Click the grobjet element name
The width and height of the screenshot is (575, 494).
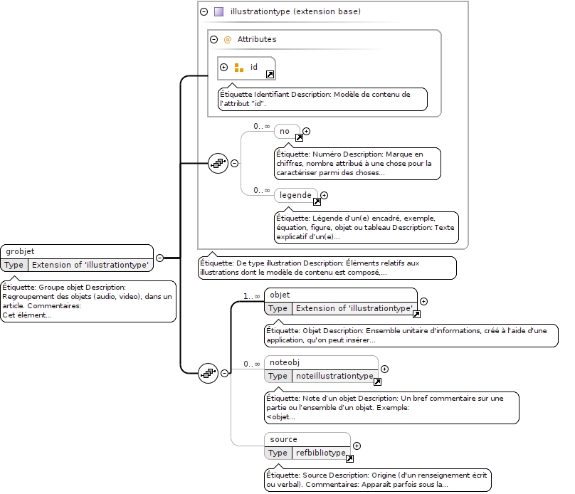coord(20,251)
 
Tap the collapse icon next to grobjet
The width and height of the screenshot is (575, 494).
coord(159,258)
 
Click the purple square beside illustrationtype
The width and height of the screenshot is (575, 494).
coord(218,11)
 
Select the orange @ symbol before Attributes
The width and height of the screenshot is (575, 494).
coord(227,39)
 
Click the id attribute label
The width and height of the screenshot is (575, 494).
coord(254,67)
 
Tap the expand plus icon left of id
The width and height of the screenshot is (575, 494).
coord(223,67)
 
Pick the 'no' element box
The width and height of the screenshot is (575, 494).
coord(287,131)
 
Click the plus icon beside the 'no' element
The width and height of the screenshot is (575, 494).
coord(306,131)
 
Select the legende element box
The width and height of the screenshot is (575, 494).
coord(296,195)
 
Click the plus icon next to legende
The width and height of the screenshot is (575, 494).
coord(325,196)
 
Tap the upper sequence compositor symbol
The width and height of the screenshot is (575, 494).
coord(218,163)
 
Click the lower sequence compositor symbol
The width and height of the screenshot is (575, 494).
coord(208,373)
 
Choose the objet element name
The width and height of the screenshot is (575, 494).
coord(280,295)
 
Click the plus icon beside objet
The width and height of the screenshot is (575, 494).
coord(423,302)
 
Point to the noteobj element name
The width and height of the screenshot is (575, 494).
coord(285,363)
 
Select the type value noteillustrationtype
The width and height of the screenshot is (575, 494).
coord(334,376)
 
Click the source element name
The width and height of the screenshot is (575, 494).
coord(283,439)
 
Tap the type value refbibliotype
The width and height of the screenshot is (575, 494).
coord(321,453)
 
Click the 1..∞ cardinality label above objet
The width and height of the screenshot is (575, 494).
coord(252,296)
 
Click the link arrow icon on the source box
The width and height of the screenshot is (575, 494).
coord(350,459)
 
